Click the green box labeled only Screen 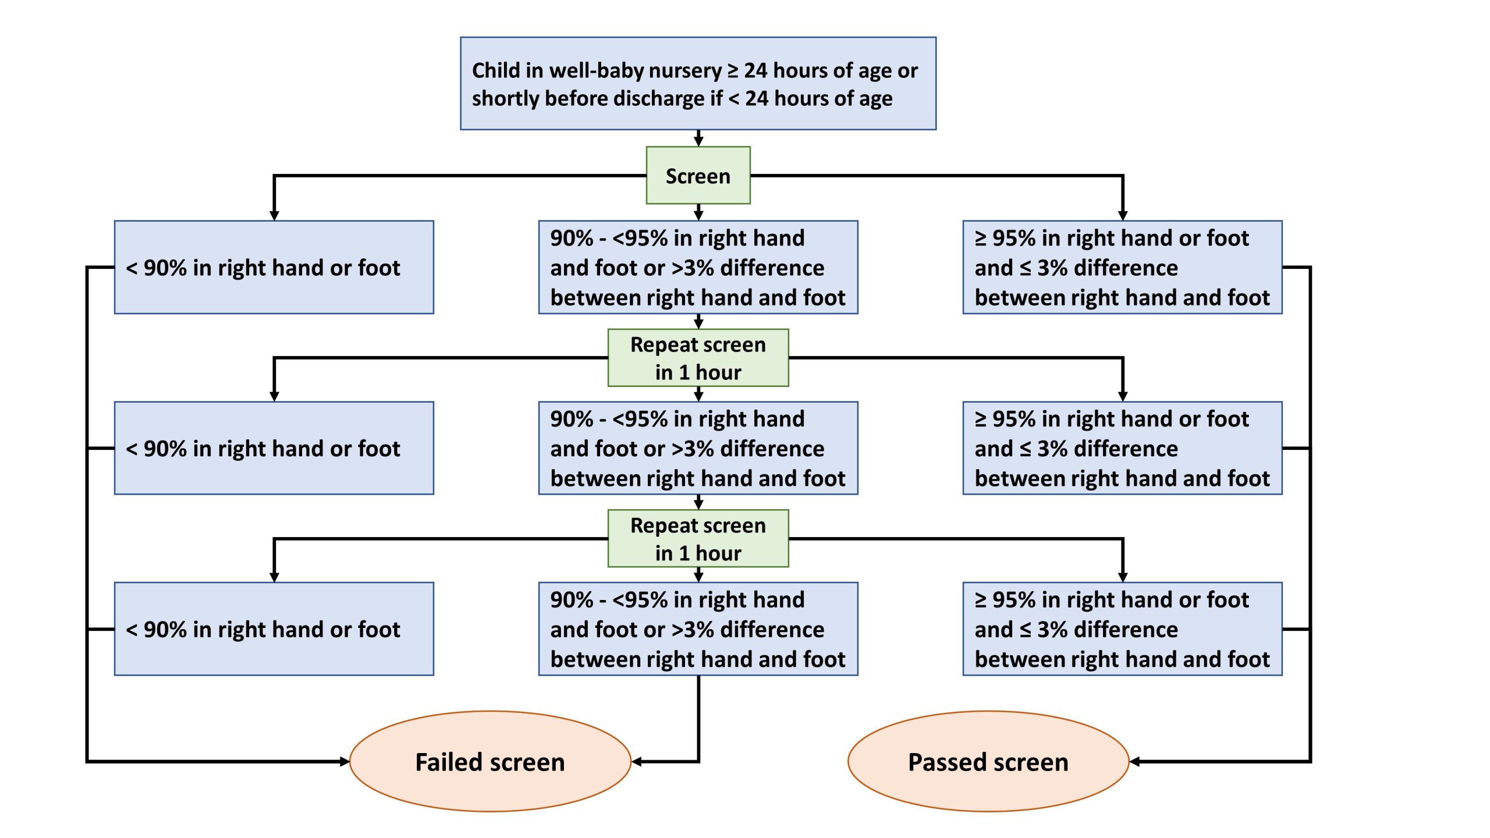698,176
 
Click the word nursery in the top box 684,70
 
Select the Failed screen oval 490,761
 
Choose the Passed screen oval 988,761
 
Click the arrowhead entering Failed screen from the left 345,761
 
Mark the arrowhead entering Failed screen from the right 637,761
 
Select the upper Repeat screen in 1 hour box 698,358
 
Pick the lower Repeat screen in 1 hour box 698,539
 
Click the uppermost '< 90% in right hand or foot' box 274,268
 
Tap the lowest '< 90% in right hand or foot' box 274,629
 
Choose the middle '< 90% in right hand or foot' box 274,448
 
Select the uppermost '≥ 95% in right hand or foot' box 1122,268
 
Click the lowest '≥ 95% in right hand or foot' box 1122,629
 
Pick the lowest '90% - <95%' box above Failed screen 698,629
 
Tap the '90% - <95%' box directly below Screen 698,268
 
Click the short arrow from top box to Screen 698,139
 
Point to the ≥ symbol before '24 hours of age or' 733,70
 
